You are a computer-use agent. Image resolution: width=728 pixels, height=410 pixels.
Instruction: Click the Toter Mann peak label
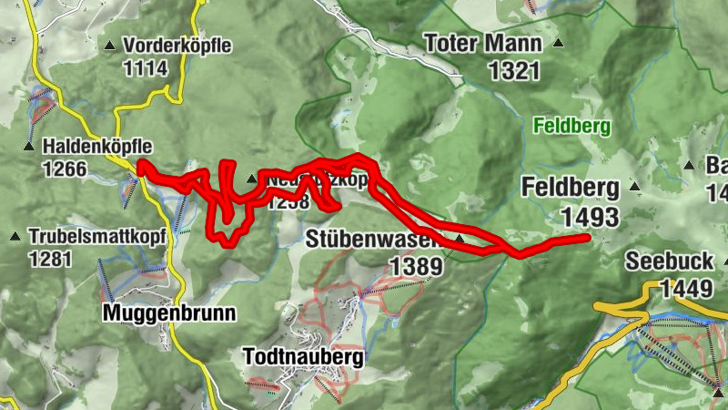click(x=482, y=43)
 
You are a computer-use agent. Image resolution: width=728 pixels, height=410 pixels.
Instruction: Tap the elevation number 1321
click(x=513, y=71)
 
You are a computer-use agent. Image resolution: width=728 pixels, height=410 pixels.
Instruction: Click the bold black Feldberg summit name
click(x=571, y=189)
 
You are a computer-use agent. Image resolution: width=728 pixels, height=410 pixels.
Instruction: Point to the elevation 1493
click(x=590, y=217)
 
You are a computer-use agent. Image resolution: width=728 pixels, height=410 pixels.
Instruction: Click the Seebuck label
click(x=669, y=261)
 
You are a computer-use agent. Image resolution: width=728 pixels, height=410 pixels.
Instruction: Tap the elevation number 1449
click(x=684, y=289)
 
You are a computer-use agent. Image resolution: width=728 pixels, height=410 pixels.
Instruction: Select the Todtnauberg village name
click(x=304, y=356)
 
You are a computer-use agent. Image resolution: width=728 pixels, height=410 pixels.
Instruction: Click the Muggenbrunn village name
click(x=170, y=313)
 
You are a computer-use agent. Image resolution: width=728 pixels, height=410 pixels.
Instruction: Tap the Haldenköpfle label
click(x=96, y=146)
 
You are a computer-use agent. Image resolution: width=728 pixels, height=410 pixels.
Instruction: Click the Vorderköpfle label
click(x=177, y=45)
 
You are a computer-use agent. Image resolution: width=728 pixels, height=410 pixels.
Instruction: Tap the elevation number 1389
click(x=416, y=266)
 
